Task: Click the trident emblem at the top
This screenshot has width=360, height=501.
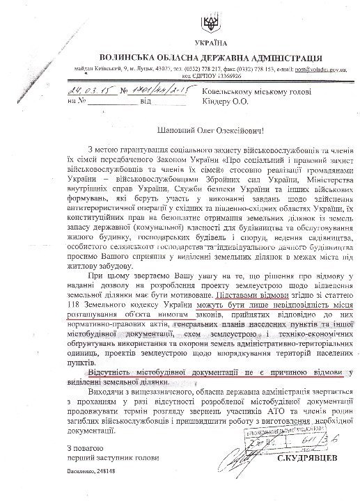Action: tap(207, 26)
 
